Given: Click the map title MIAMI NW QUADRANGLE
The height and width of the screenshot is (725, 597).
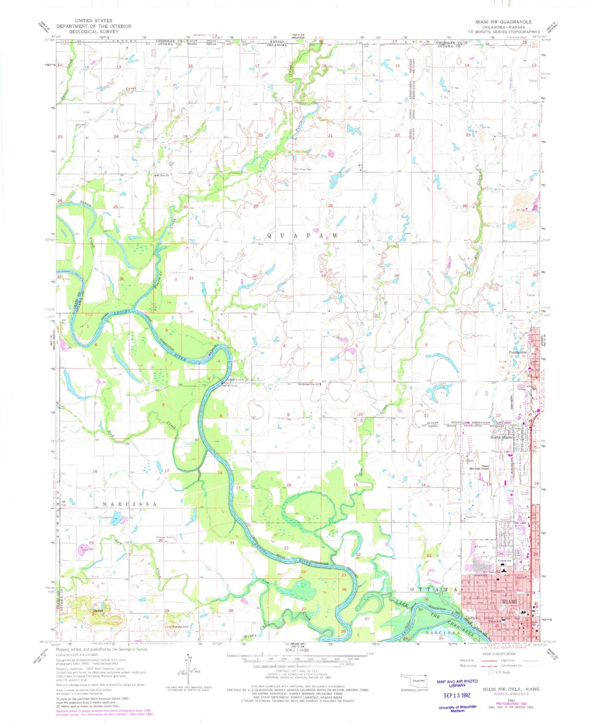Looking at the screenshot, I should coord(503,22).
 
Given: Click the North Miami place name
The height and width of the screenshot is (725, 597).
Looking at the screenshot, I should coord(501,437).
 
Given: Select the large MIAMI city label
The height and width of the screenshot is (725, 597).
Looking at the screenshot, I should coord(509,602).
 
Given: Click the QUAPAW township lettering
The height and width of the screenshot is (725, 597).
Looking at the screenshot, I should coord(302,236).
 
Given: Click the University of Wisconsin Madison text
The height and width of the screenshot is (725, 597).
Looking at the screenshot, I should coord(457,708).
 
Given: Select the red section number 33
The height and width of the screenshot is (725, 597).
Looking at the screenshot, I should coord(324,276).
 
